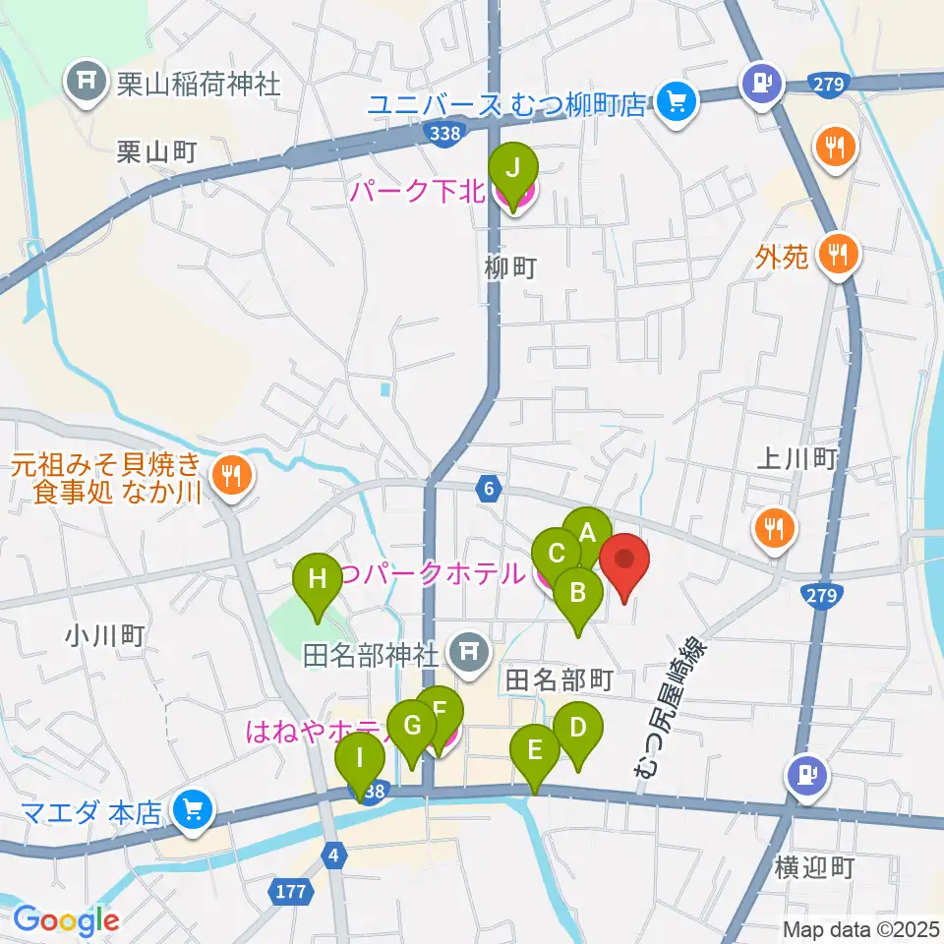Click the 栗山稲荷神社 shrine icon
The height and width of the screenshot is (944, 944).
point(86,80)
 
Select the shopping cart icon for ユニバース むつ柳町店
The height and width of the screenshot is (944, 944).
point(677,102)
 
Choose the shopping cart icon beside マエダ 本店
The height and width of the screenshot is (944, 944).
point(191,811)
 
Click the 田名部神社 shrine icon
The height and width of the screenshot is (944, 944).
point(469,652)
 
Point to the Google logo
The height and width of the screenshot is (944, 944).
point(66,920)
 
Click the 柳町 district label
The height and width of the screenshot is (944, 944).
point(511,268)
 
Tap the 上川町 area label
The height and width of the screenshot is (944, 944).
point(798,458)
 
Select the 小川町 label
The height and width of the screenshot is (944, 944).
point(105,636)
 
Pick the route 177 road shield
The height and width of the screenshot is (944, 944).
point(291,891)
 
